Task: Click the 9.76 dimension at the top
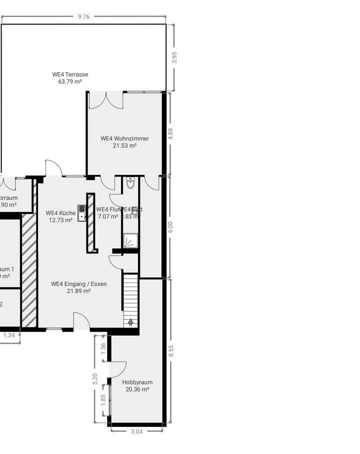point(83,16)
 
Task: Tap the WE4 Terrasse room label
point(70,74)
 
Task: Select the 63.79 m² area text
point(70,81)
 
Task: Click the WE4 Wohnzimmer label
point(124,138)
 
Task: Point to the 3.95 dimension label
point(174,57)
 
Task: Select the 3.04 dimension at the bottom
point(136,431)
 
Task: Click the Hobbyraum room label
point(137,382)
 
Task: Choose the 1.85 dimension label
point(103,399)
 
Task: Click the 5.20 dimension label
point(95,378)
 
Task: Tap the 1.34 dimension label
point(9,335)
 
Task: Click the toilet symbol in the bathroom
point(130,183)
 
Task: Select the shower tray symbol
point(130,241)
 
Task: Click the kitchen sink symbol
point(82,213)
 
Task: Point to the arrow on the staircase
point(130,321)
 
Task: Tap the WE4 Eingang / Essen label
point(79,284)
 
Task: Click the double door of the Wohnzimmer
point(105,100)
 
